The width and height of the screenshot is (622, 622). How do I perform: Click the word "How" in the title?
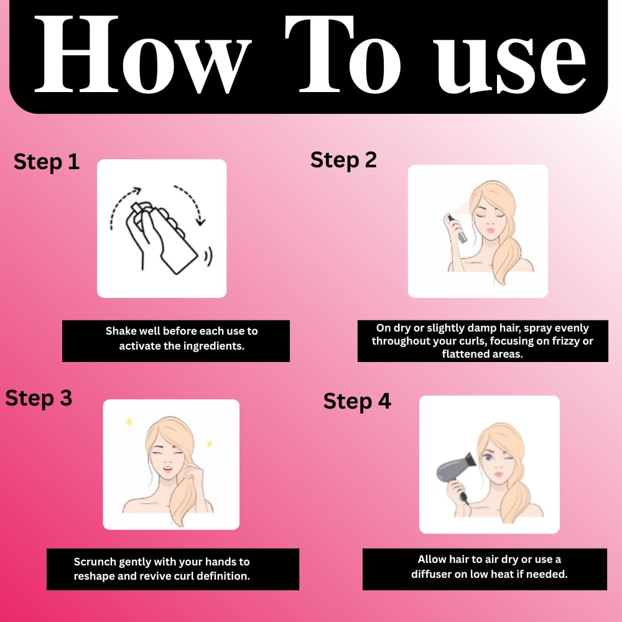coord(143,55)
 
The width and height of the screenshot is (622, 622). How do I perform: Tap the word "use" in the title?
coord(511,63)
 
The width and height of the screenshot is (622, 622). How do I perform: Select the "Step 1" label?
coord(47,162)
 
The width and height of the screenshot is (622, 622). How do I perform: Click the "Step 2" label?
coord(343,160)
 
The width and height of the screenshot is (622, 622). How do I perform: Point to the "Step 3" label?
coord(39,398)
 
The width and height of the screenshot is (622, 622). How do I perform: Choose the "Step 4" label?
coord(357,401)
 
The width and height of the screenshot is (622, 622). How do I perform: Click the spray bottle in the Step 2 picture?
coord(457,228)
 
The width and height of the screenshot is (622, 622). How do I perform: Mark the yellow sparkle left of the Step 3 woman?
coord(129,422)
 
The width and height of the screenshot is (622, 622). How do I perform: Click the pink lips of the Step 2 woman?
coord(491,231)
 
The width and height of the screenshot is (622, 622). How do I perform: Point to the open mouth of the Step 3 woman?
coord(168,470)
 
